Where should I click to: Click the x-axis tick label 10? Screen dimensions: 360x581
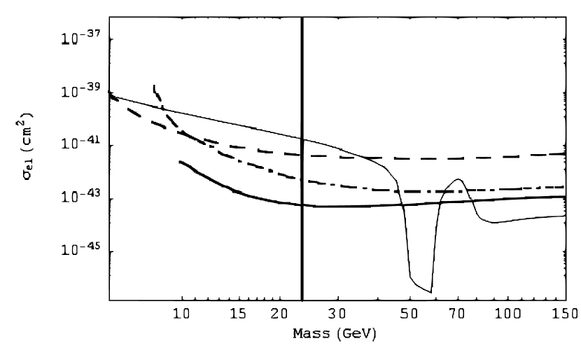coord(182,311)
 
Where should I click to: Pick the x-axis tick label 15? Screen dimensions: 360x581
coord(239,311)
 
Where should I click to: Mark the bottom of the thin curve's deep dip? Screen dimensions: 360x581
coord(430,292)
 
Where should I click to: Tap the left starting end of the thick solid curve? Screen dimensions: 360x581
coord(180,162)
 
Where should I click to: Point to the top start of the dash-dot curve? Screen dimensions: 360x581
coord(153,86)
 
